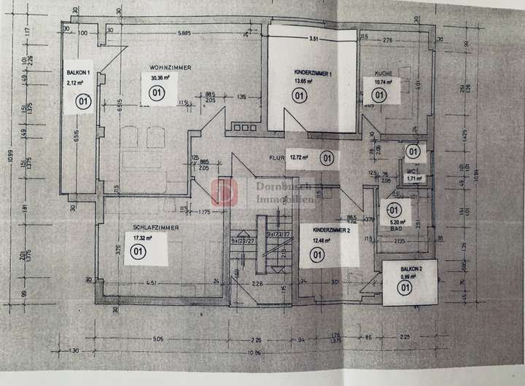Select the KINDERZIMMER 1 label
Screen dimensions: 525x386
click(314, 74)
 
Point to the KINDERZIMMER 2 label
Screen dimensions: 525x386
click(331, 230)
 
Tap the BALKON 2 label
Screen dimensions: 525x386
click(402, 268)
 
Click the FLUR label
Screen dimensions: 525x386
click(275, 156)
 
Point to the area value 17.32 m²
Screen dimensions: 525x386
click(143, 237)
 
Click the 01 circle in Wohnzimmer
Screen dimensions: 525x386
click(155, 94)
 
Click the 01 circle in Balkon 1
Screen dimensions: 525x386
click(79, 103)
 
